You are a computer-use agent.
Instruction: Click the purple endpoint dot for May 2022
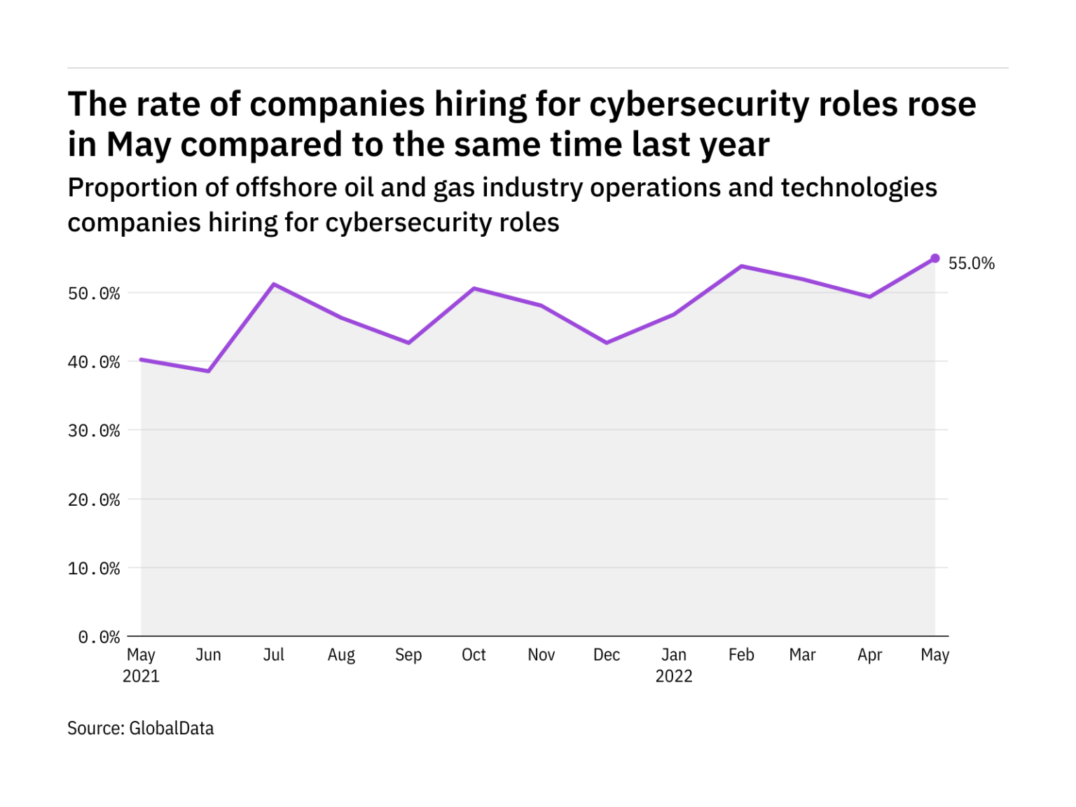pyautogui.click(x=934, y=258)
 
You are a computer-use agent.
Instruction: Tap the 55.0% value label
pyautogui.click(x=971, y=263)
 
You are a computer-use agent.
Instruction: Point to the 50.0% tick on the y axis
pyautogui.click(x=94, y=294)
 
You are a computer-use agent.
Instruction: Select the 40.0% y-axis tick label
pyautogui.click(x=94, y=362)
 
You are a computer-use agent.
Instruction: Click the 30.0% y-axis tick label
pyautogui.click(x=94, y=431)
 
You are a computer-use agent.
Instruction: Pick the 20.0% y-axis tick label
pyautogui.click(x=94, y=500)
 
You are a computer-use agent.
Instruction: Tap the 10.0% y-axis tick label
pyautogui.click(x=94, y=568)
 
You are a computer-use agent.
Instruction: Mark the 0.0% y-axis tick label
pyautogui.click(x=99, y=637)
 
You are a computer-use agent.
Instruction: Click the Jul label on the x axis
pyautogui.click(x=273, y=654)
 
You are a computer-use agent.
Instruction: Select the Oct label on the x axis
pyautogui.click(x=474, y=654)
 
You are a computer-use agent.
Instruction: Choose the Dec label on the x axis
pyautogui.click(x=607, y=654)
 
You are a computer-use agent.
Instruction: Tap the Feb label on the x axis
pyautogui.click(x=741, y=654)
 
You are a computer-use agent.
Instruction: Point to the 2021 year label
pyautogui.click(x=141, y=676)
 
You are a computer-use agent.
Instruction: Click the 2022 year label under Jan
pyautogui.click(x=674, y=676)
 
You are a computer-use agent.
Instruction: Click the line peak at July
pyautogui.click(x=273, y=284)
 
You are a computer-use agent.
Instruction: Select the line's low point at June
pyautogui.click(x=208, y=371)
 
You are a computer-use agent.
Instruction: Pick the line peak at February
pyautogui.click(x=741, y=266)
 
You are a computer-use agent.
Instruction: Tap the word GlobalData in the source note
pyautogui.click(x=172, y=729)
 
